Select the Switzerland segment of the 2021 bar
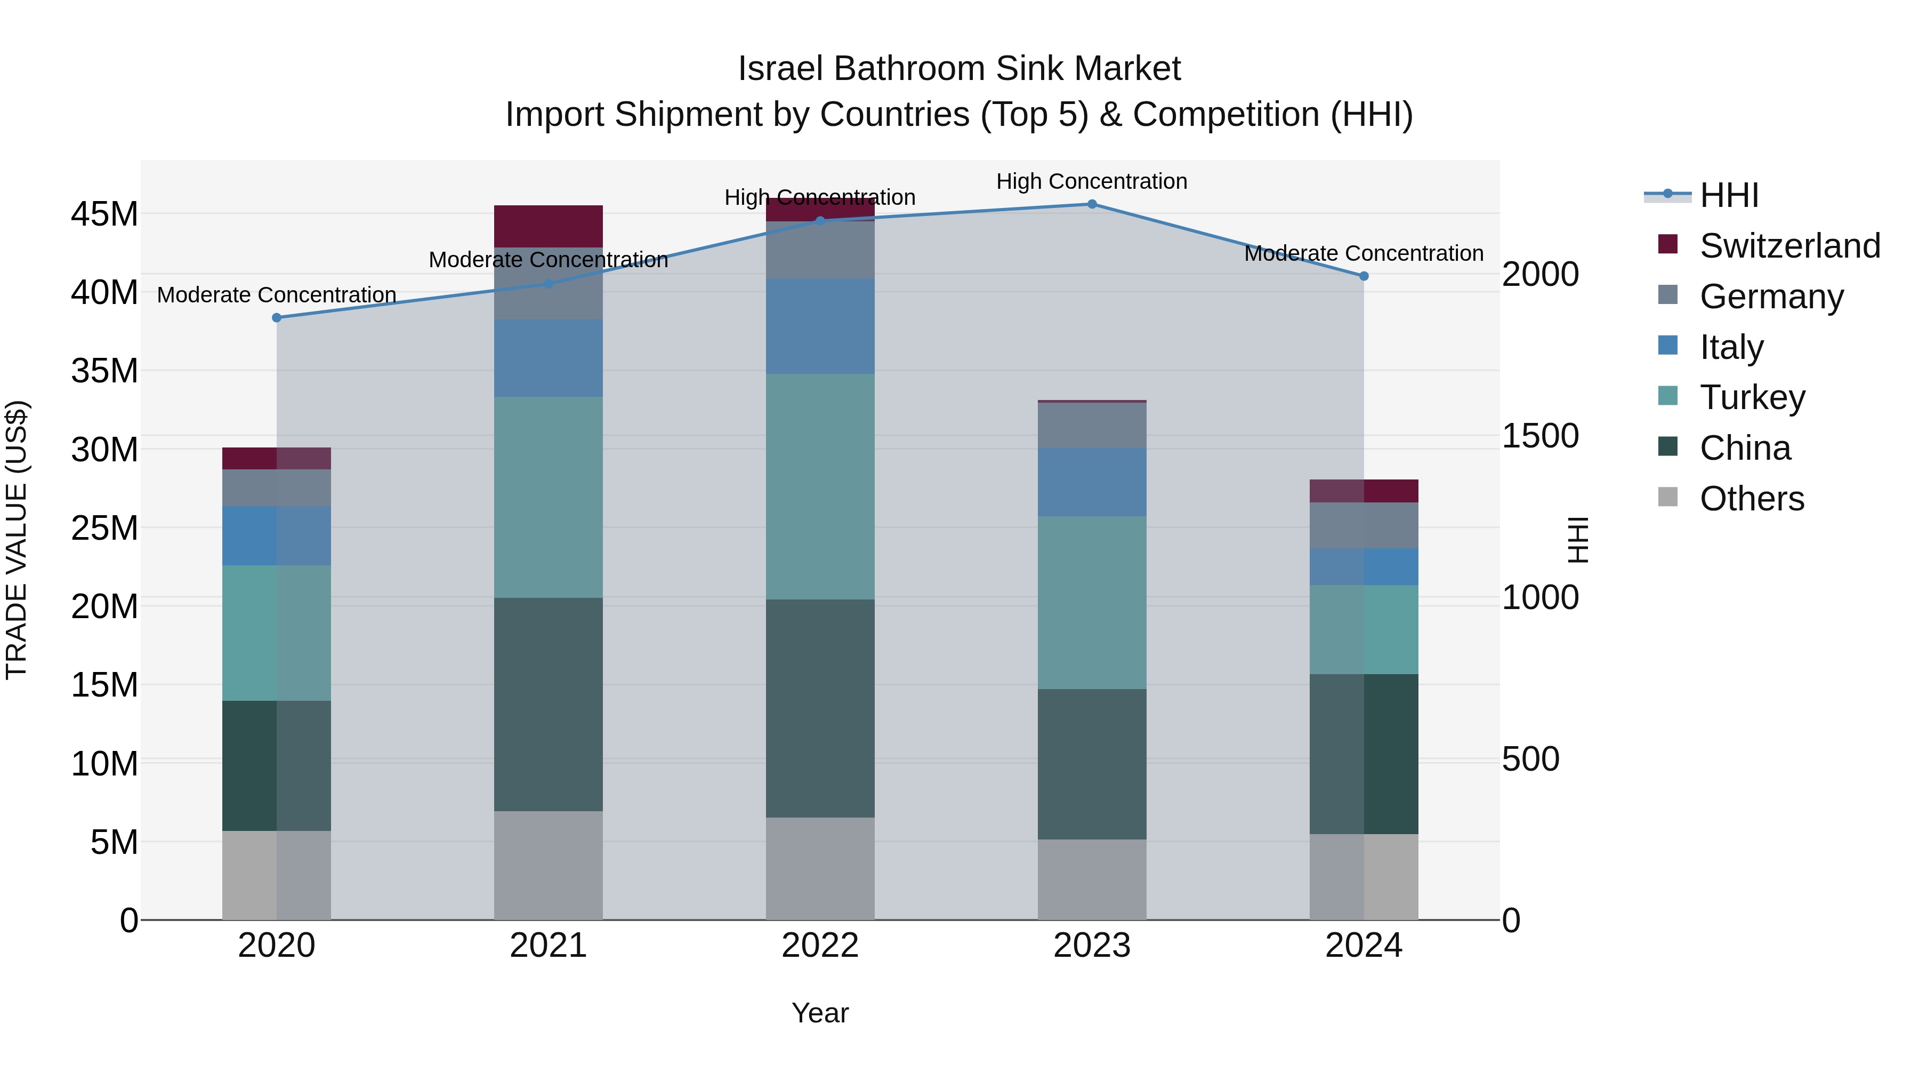(549, 226)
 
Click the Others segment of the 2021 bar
(549, 865)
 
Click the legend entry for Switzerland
(1789, 246)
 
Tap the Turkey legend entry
(1752, 397)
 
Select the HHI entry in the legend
(1728, 195)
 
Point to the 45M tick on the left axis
(104, 214)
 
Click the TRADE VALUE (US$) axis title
(17, 540)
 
